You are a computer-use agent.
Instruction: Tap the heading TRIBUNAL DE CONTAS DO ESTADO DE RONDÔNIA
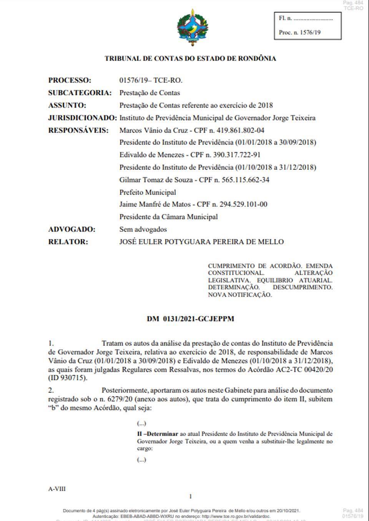tap(190, 59)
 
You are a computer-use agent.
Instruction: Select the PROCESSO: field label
tap(70, 80)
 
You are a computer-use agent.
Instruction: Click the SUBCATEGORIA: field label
tap(80, 93)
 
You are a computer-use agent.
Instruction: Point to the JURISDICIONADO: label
tap(82, 118)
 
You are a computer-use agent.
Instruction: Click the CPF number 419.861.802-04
tap(241, 130)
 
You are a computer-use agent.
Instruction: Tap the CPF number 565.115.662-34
tap(246, 180)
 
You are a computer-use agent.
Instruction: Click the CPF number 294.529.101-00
tap(243, 204)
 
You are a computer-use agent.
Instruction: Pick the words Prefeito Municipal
tap(148, 192)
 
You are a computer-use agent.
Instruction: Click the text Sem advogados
tap(143, 229)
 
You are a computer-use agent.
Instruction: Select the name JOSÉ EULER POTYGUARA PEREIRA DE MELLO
tap(201, 242)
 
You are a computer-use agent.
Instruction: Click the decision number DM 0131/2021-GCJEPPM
tap(190, 319)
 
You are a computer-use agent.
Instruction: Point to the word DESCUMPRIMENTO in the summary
tap(303, 287)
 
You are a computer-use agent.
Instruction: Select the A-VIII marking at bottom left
tap(57, 489)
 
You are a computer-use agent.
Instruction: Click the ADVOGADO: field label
tap(71, 229)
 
